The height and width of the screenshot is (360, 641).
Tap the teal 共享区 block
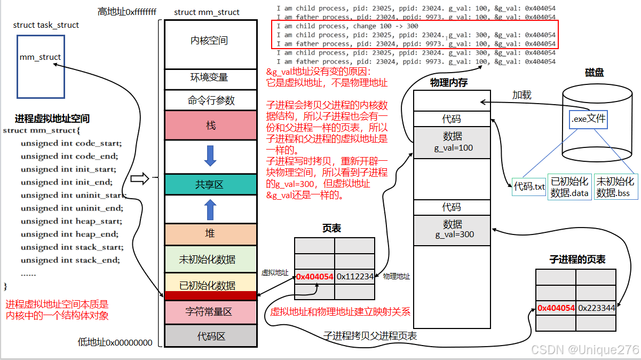(209, 184)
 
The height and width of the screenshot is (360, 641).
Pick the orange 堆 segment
(209, 233)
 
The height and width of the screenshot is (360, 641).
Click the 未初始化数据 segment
(209, 260)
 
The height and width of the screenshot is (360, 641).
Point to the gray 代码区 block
(209, 336)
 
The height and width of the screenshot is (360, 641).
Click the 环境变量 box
(209, 77)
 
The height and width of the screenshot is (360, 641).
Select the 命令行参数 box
(209, 100)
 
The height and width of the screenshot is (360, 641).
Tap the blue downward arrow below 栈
(210, 155)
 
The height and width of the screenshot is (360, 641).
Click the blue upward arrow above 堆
(210, 210)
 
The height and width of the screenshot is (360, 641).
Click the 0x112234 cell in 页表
(354, 277)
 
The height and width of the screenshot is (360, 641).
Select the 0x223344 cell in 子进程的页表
(596, 308)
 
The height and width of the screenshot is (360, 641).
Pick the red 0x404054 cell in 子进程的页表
(556, 308)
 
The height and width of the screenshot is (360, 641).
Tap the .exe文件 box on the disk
(588, 119)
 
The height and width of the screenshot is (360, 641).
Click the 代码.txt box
(529, 186)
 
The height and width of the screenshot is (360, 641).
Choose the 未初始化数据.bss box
(615, 187)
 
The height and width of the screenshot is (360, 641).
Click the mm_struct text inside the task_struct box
(40, 57)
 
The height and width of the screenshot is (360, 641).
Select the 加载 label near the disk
(522, 95)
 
